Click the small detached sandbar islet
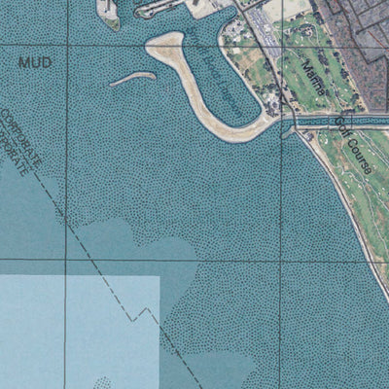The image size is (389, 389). pyautogui.click(x=132, y=78)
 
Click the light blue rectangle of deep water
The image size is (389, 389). pyautogui.click(x=78, y=331)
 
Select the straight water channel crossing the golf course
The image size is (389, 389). pyautogui.click(x=340, y=121)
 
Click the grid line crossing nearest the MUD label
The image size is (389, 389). pyautogui.click(x=67, y=42)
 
